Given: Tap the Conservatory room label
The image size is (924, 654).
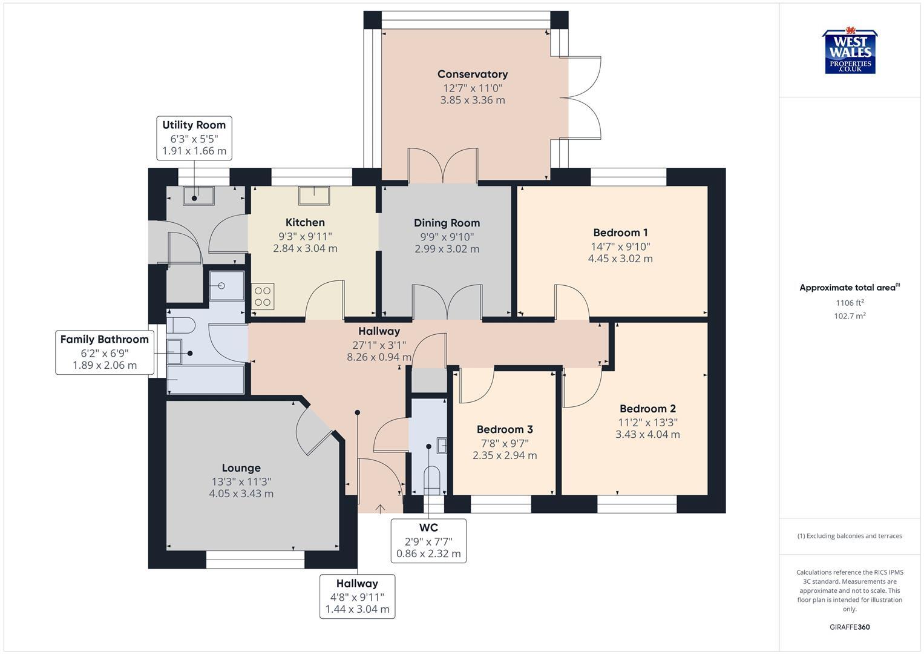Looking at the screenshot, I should (x=472, y=74).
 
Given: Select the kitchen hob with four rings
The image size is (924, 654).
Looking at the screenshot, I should (x=263, y=296).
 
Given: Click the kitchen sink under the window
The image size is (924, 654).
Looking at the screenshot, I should (x=314, y=196).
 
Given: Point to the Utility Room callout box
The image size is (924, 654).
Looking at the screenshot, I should (x=194, y=138).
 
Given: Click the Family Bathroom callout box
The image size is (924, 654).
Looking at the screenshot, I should (x=104, y=352).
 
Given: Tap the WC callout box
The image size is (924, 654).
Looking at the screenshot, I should (x=428, y=541).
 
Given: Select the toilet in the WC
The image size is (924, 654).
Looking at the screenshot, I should (x=431, y=478).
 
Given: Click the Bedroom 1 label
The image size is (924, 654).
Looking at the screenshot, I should (x=620, y=233).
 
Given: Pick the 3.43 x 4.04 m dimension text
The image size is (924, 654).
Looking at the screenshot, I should (x=647, y=434).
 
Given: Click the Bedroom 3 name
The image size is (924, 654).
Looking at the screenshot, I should (x=504, y=429).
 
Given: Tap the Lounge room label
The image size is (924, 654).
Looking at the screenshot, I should (x=241, y=468).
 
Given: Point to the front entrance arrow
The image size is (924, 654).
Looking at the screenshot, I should (x=380, y=509).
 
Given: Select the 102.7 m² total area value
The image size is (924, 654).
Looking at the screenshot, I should (x=850, y=316).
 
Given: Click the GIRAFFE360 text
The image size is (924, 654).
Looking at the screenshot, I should (x=850, y=627).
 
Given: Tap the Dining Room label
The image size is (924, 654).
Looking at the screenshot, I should (x=447, y=223).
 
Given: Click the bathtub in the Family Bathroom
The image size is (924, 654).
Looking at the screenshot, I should (x=206, y=380).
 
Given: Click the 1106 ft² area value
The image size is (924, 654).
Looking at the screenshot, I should (x=850, y=303).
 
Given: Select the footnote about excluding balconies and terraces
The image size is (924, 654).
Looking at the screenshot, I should (x=850, y=536).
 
